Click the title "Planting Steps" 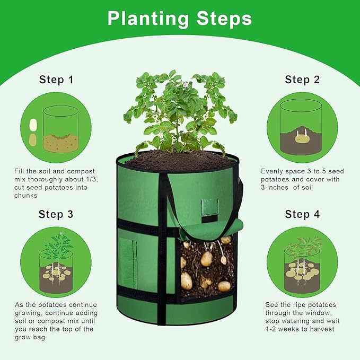[180, 19]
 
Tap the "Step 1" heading [56, 80]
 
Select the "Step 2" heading [302, 80]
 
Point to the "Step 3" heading [56, 214]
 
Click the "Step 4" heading [302, 214]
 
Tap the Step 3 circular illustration [56, 262]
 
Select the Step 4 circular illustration [302, 262]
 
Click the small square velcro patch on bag [209, 207]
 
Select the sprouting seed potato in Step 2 [301, 139]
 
